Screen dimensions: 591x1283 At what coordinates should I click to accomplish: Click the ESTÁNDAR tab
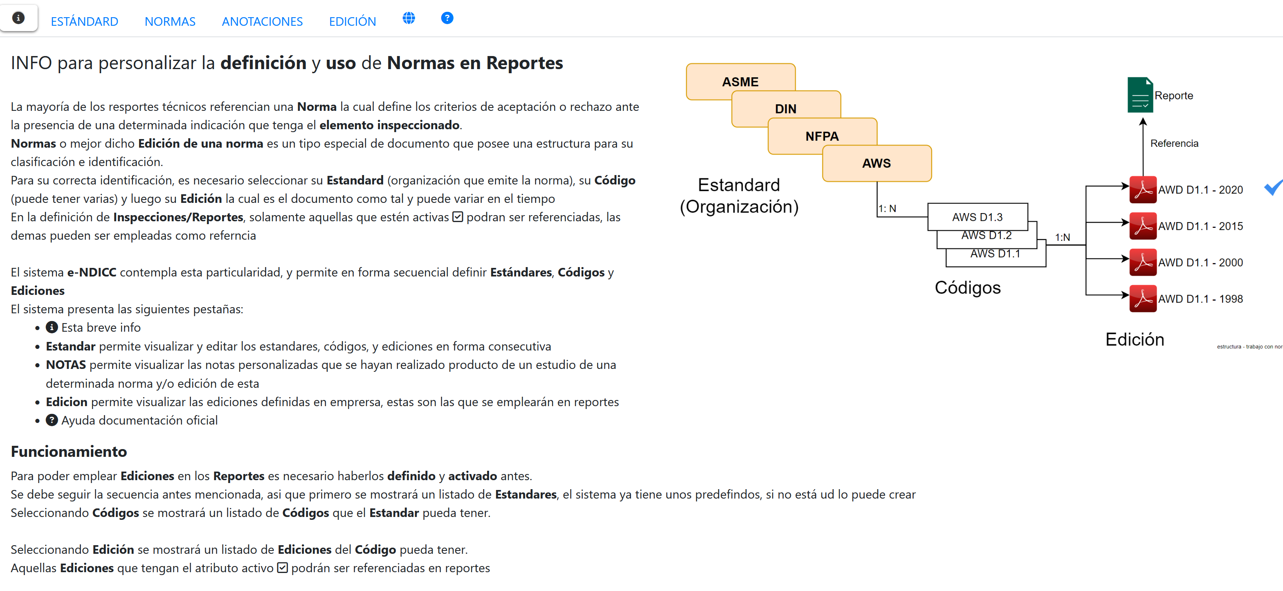pos(84,21)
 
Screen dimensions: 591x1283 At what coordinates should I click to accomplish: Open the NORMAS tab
pos(170,21)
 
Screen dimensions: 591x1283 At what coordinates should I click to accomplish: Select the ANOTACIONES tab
pos(262,21)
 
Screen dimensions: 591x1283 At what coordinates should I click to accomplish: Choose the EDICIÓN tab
pos(352,21)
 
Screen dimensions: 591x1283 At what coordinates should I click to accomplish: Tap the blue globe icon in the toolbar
pos(409,18)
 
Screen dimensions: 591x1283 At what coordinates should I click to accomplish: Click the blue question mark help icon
pos(447,18)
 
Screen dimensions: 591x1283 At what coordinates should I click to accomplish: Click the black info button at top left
pos(18,18)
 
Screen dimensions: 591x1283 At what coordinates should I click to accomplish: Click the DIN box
pos(785,108)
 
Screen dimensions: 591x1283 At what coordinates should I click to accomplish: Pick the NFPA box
pos(822,135)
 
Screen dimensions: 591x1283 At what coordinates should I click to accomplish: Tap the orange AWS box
pos(876,163)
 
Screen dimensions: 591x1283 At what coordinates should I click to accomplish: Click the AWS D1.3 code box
pos(977,217)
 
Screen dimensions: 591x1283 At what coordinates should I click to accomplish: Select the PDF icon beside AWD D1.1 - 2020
pos(1143,190)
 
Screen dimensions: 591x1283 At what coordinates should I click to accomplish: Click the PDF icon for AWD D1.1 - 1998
pos(1143,298)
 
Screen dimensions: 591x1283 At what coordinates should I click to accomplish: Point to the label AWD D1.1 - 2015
pos(1200,226)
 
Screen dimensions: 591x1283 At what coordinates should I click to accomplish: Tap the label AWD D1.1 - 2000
pos(1200,263)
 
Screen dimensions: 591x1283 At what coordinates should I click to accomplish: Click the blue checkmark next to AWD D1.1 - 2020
pos(1274,188)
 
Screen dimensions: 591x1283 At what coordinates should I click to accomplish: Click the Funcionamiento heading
pos(69,452)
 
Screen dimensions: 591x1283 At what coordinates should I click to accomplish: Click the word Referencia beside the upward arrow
pos(1174,144)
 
